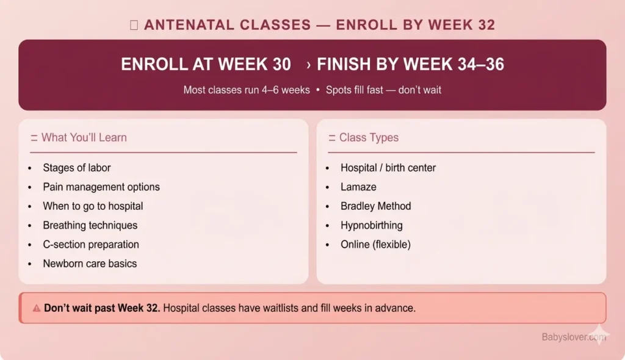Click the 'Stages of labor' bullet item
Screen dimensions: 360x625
pos(76,168)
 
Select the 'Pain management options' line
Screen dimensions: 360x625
pos(101,187)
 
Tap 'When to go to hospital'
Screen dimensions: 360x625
pos(93,206)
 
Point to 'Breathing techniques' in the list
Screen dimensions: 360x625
pos(90,225)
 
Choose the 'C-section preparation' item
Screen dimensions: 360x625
pos(90,245)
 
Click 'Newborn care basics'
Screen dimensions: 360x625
pos(90,264)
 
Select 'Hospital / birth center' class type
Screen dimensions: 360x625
pos(388,168)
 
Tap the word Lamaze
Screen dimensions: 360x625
pos(358,187)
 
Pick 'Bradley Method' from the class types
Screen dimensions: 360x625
pos(375,206)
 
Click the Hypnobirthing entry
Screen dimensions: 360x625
pos(371,225)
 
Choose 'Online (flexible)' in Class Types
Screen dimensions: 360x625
pos(375,245)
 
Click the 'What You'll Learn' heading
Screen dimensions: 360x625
pos(84,138)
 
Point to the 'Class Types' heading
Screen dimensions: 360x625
pos(369,138)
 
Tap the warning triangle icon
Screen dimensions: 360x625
pos(37,308)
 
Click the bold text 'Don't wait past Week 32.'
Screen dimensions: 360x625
pos(102,308)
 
